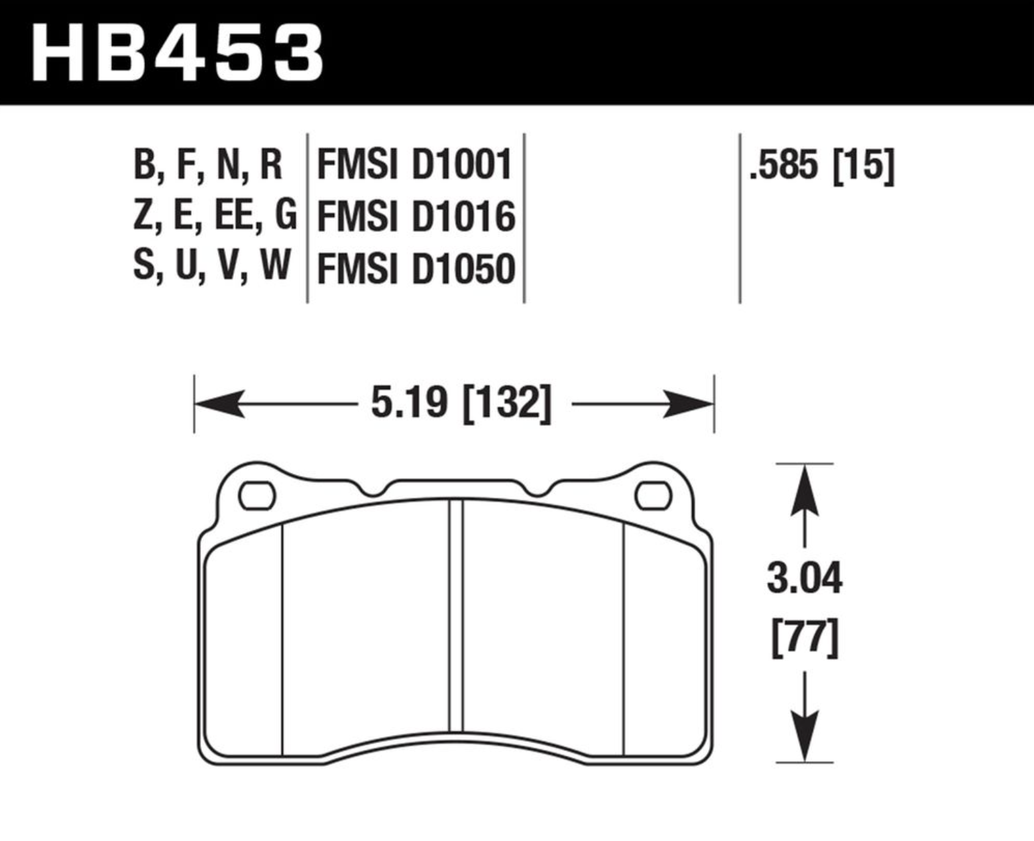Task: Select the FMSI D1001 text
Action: click(414, 165)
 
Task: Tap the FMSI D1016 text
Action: click(416, 217)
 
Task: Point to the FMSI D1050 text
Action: click(416, 268)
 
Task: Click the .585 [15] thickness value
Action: click(821, 166)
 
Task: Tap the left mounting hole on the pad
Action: click(257, 496)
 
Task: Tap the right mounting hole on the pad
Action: click(653, 496)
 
